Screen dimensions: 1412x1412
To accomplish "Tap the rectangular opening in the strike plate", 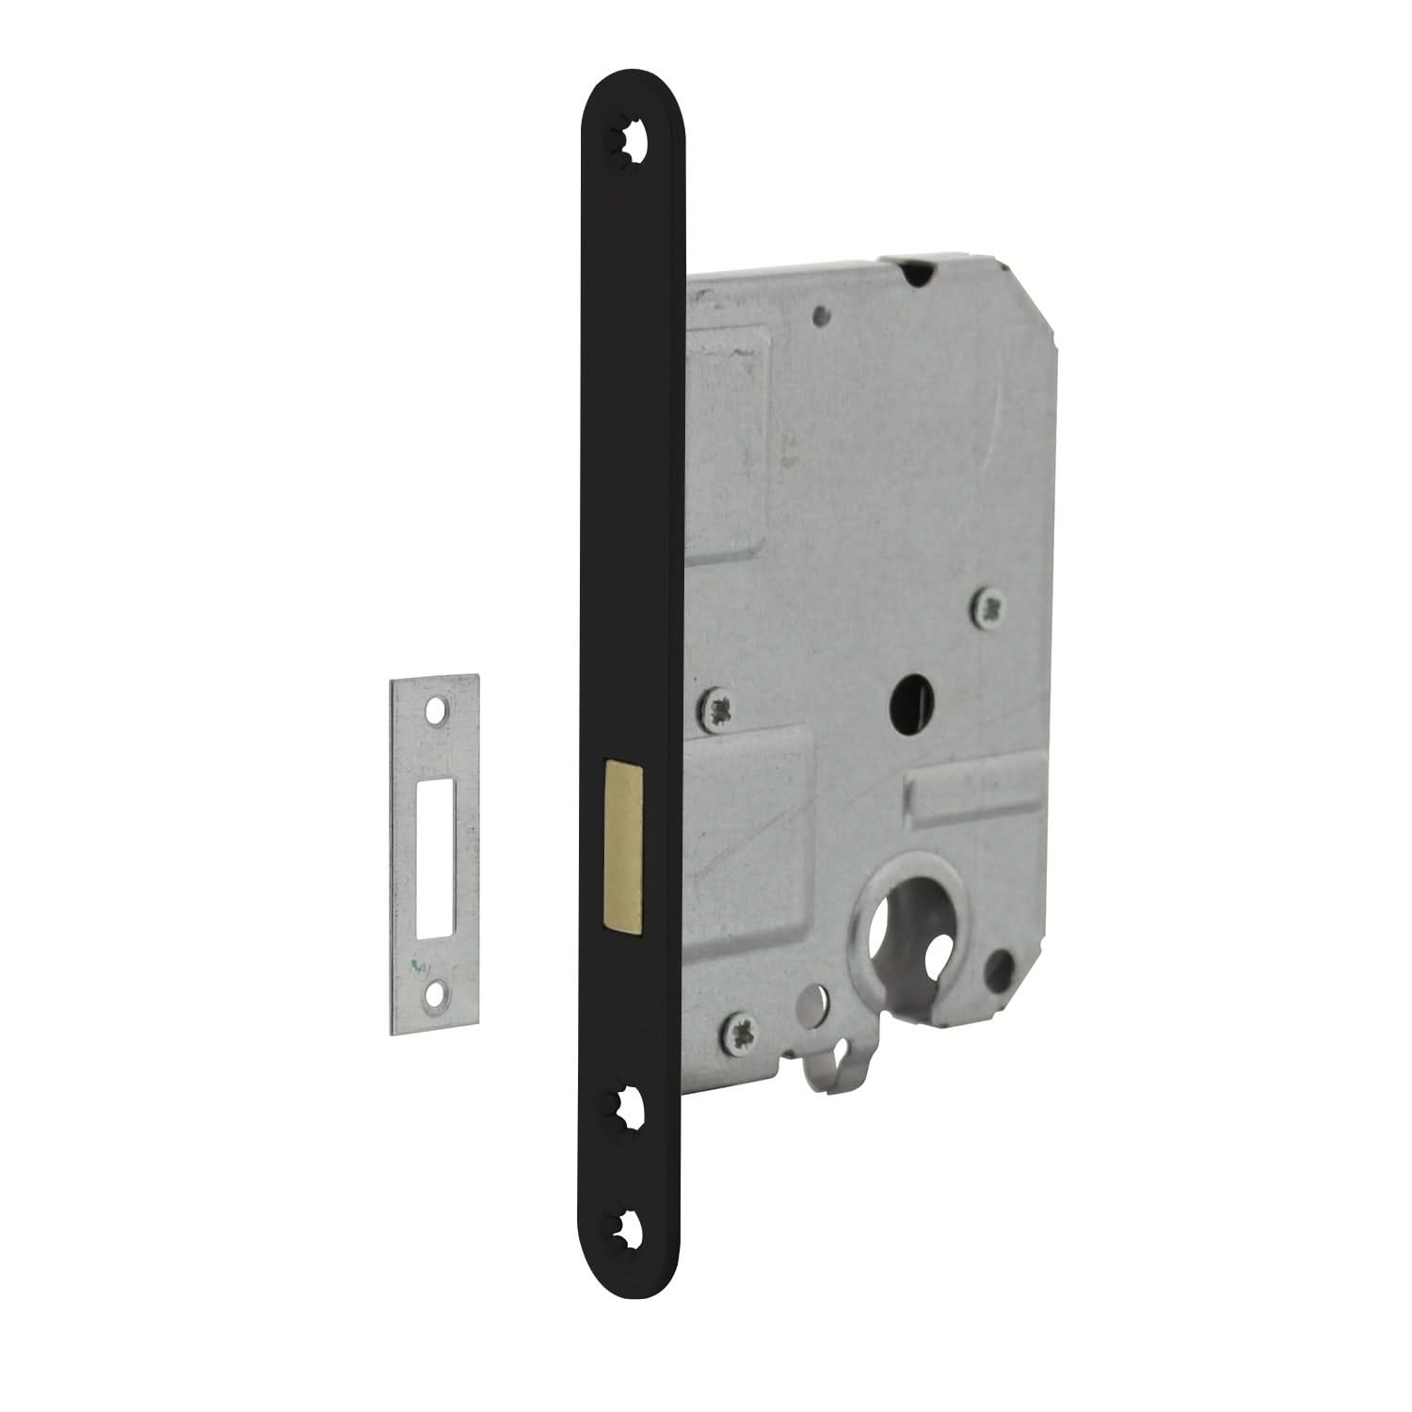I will [434, 851].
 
